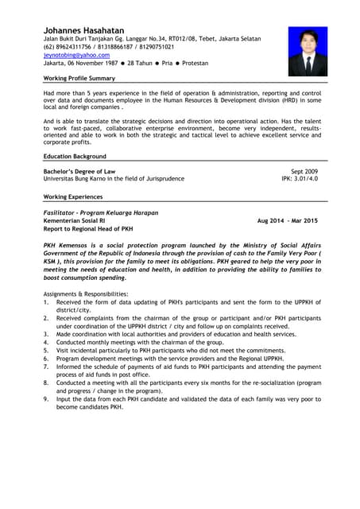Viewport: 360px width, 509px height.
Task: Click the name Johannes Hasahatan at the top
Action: point(83,29)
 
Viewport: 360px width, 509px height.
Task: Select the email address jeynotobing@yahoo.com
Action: point(76,56)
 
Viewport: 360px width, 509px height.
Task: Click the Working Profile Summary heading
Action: point(79,79)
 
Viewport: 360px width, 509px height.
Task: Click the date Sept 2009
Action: point(304,171)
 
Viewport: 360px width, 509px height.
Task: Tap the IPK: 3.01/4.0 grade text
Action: point(300,179)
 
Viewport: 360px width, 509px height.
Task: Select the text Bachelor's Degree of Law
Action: point(79,171)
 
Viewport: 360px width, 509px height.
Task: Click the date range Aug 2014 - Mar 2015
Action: point(287,220)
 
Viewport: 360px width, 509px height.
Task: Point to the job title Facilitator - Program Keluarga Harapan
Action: point(101,212)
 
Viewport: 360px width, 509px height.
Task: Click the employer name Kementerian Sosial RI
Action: point(74,220)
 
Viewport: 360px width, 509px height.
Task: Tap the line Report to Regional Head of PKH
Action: point(87,228)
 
